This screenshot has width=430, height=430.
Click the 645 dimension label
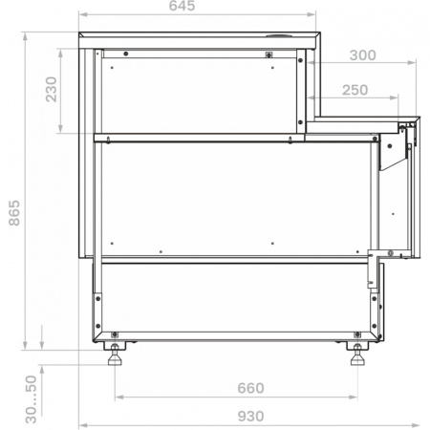click(x=182, y=6)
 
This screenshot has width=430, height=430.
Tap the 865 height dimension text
click(x=14, y=213)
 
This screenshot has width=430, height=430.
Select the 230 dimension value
click(x=51, y=90)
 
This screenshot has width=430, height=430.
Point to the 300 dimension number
click(x=363, y=55)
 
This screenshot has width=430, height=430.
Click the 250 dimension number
click(x=355, y=90)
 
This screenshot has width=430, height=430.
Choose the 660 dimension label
click(x=250, y=388)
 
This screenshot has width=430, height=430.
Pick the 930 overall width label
click(x=250, y=417)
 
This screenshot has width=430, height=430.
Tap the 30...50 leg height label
click(x=32, y=399)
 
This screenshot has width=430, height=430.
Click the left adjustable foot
click(x=115, y=355)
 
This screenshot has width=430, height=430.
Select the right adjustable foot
click(x=357, y=355)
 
